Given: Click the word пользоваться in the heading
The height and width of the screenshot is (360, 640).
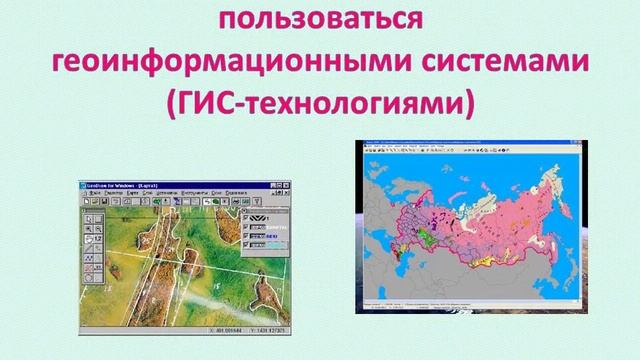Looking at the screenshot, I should tap(320, 19).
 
